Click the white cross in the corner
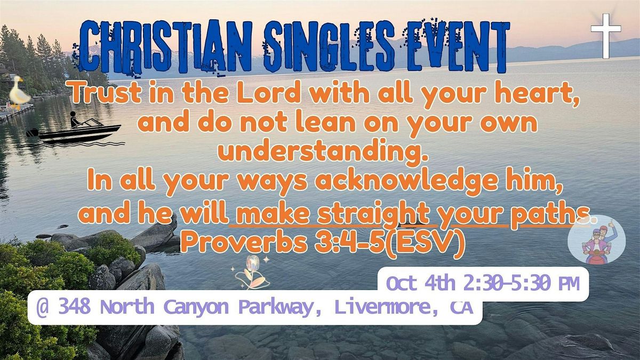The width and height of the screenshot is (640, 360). (606, 36)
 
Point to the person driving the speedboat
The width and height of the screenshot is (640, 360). (75, 119)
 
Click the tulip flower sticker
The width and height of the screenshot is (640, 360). (251, 272)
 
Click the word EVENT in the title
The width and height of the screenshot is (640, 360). (457, 46)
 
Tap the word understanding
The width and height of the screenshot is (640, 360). (323, 154)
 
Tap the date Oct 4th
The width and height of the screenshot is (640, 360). (421, 283)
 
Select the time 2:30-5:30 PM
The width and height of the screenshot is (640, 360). (521, 283)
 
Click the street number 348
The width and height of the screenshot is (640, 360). (74, 307)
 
